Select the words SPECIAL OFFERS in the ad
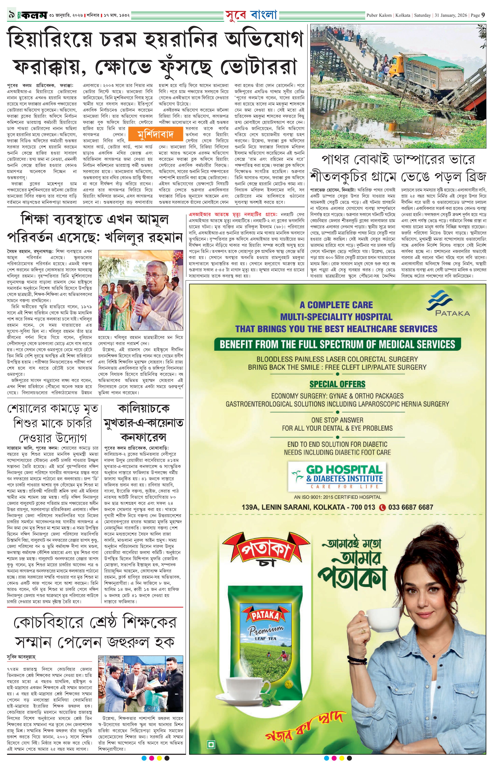tap(337, 384)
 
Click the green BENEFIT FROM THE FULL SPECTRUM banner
tap(337, 344)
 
